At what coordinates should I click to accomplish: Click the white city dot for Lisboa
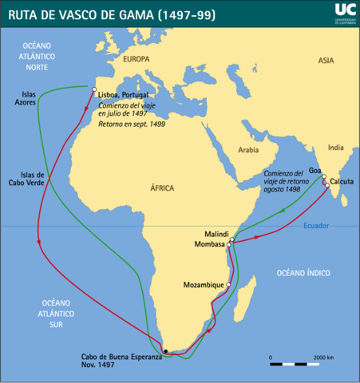94,89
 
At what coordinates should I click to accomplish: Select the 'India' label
335,147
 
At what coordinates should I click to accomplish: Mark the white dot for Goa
324,176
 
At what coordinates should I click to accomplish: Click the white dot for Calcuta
326,186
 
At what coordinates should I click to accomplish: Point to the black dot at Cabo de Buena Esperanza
165,350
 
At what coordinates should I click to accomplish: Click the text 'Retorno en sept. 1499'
132,125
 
